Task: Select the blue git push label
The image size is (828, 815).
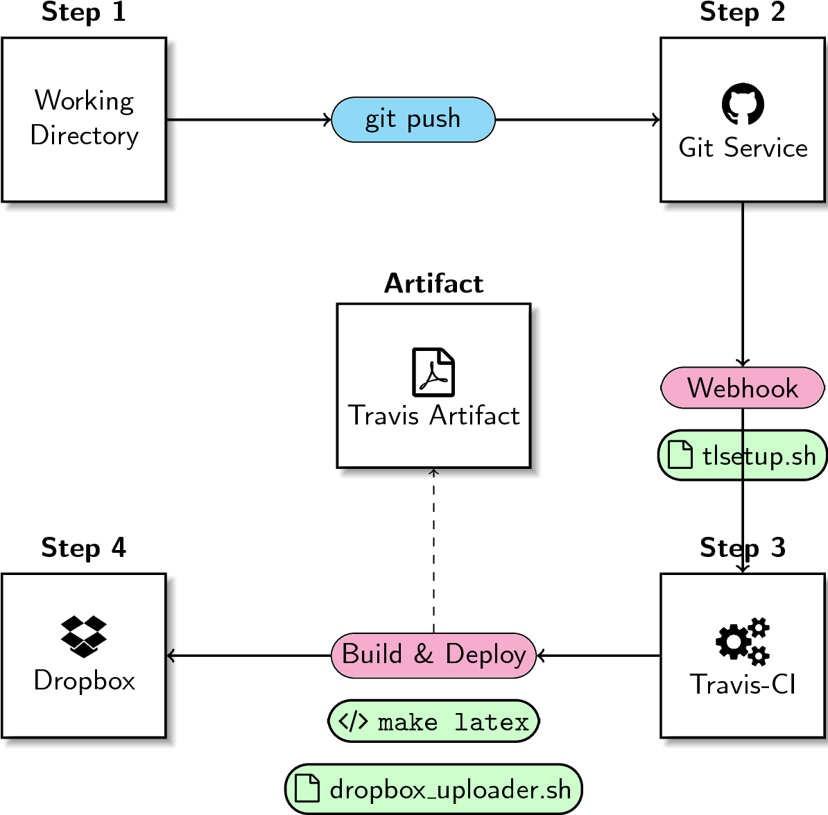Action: (x=413, y=120)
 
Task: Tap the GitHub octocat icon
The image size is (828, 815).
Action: (x=743, y=105)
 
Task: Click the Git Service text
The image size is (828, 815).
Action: (x=743, y=148)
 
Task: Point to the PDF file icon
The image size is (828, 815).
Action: (x=433, y=372)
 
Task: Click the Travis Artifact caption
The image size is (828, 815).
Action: (x=433, y=415)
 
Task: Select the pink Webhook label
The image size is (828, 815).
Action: (x=743, y=388)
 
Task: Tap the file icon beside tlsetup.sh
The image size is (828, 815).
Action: (x=680, y=455)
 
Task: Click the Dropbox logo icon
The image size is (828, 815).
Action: (x=84, y=636)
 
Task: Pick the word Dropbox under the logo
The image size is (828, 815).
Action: (x=84, y=680)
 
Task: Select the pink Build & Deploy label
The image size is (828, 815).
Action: (x=433, y=655)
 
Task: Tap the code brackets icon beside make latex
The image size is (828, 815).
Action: (x=353, y=721)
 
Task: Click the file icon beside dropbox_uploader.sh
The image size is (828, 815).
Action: (x=307, y=789)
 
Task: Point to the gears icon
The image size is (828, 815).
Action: (x=743, y=641)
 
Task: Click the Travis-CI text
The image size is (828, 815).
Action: (x=743, y=685)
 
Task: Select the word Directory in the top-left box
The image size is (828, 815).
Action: (x=84, y=135)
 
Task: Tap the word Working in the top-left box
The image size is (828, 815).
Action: (x=84, y=101)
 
